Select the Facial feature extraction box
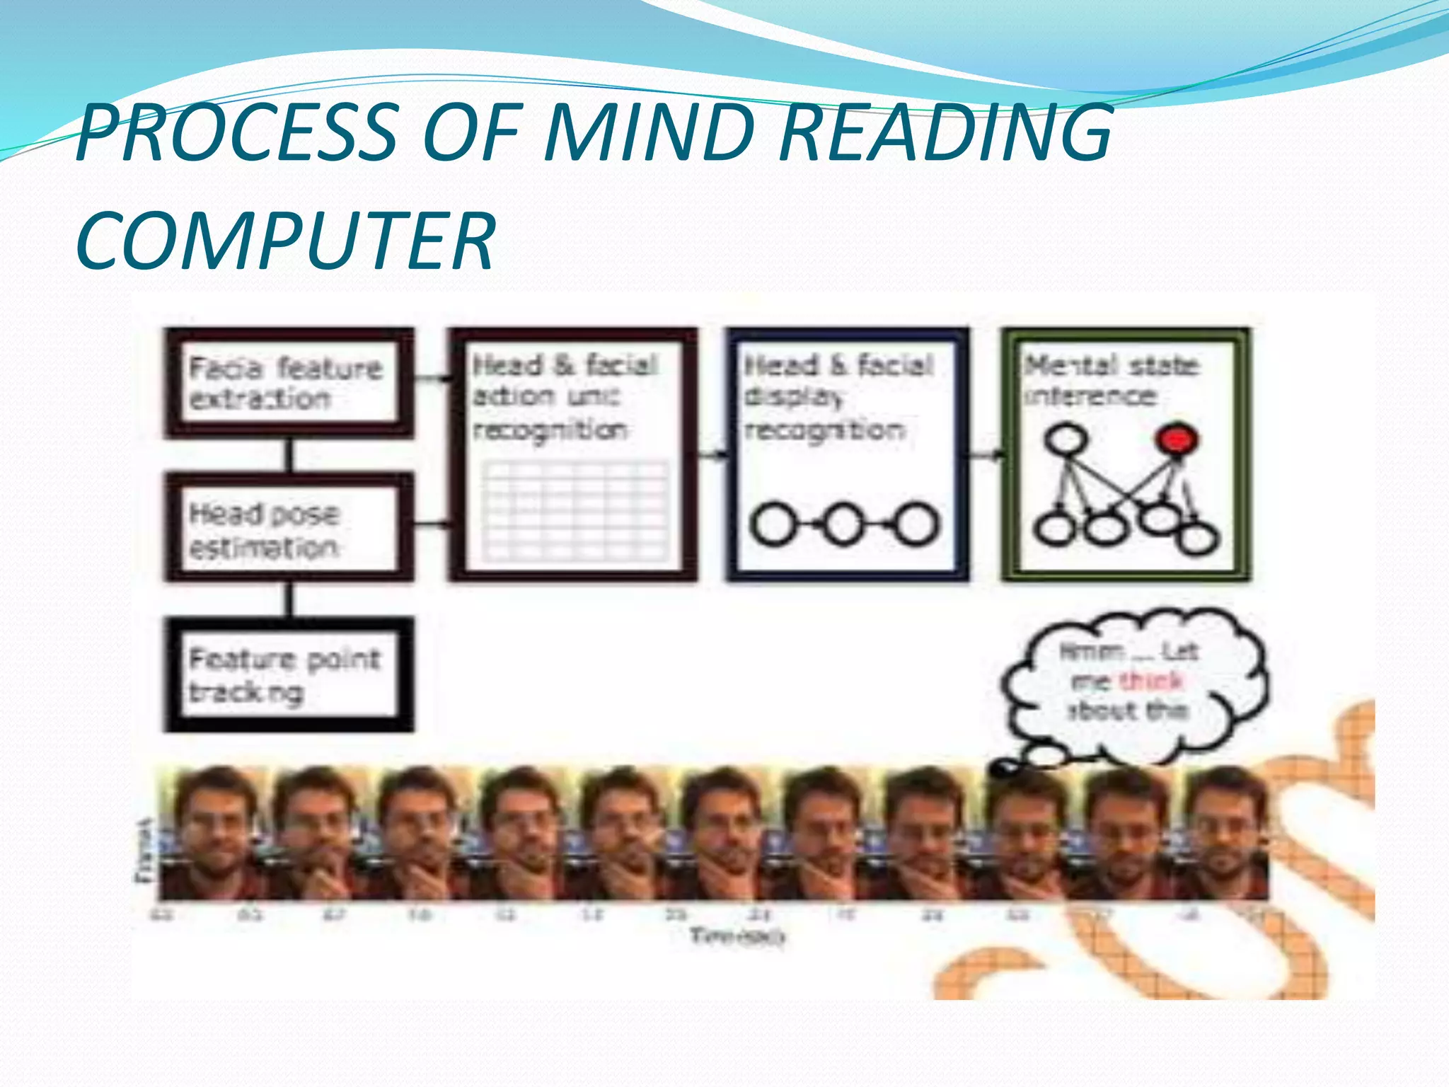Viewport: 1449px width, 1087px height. [288, 383]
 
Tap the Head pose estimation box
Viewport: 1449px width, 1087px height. [288, 529]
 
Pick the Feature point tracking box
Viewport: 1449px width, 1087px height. [288, 674]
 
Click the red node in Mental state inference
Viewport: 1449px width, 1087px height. [1176, 439]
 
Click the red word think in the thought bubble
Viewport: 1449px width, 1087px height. [1151, 681]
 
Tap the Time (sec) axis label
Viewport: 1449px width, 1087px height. [737, 936]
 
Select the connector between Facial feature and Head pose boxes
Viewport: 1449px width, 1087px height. [289, 455]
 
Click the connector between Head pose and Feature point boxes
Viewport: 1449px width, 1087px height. [289, 599]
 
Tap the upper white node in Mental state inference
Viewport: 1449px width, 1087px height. [1065, 439]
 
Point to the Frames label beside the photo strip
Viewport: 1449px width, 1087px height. [144, 851]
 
